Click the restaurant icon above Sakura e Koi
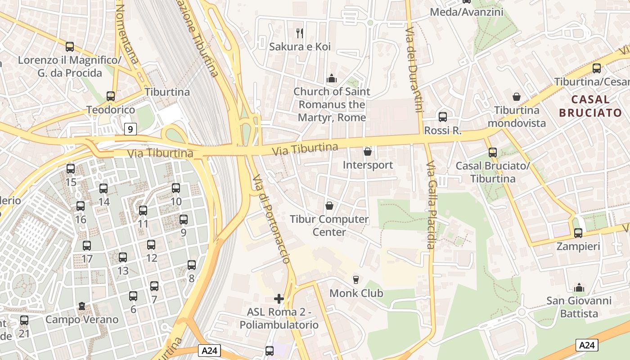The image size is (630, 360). [x=300, y=33]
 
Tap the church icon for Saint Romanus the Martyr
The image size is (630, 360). [x=332, y=78]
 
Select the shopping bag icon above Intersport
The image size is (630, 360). [x=368, y=152]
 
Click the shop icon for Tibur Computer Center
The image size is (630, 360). [x=329, y=206]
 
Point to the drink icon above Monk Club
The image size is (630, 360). [x=356, y=279]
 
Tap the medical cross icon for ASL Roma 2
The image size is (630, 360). [x=279, y=298]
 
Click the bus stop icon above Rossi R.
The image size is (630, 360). [x=443, y=117]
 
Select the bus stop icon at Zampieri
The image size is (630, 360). [x=578, y=233]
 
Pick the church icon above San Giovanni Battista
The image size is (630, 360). [x=579, y=287]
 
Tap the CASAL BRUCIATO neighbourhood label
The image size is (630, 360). [x=590, y=106]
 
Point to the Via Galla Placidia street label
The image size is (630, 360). [x=431, y=205]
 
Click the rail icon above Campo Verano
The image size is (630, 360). [x=81, y=306]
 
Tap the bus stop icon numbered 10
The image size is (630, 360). [x=176, y=188]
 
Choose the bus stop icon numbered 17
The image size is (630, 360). [x=87, y=246]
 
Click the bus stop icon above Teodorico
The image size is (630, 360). [x=111, y=96]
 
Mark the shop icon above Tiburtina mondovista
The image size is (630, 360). [x=516, y=97]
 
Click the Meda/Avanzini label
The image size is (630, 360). [x=467, y=12]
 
